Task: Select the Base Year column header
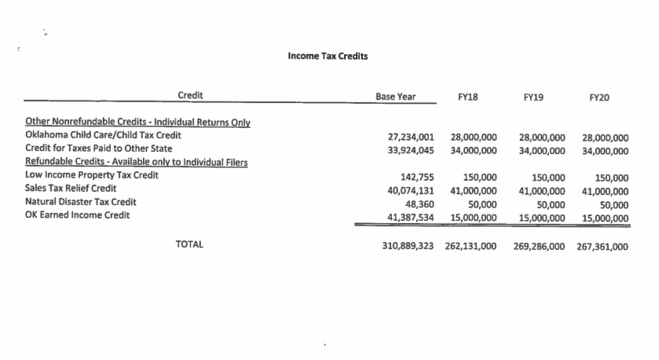click(396, 97)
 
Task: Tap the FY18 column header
click(467, 97)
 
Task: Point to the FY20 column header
click(599, 97)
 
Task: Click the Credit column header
click(190, 95)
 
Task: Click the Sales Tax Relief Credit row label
click(71, 189)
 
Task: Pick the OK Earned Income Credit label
click(78, 215)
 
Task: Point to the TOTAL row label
click(189, 244)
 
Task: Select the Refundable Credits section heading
click(137, 162)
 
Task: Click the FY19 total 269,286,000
click(540, 246)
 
